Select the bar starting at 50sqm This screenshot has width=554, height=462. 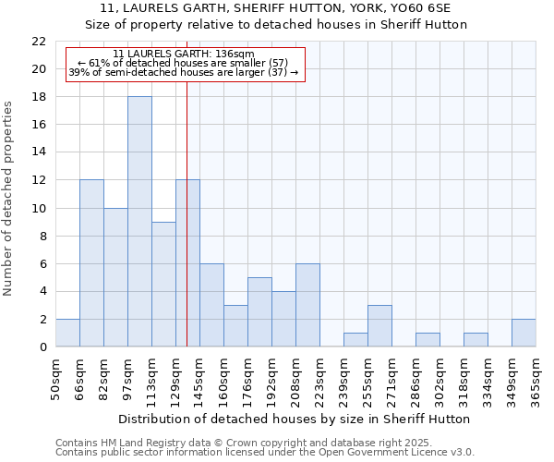[67, 333]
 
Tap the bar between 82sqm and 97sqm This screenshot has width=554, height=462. [115, 277]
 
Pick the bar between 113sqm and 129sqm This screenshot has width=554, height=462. [163, 285]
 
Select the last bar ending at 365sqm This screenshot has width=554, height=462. [524, 333]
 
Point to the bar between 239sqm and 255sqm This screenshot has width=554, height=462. [355, 340]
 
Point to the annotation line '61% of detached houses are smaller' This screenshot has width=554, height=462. [183, 62]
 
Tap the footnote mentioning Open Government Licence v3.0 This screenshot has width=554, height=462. [265, 453]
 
